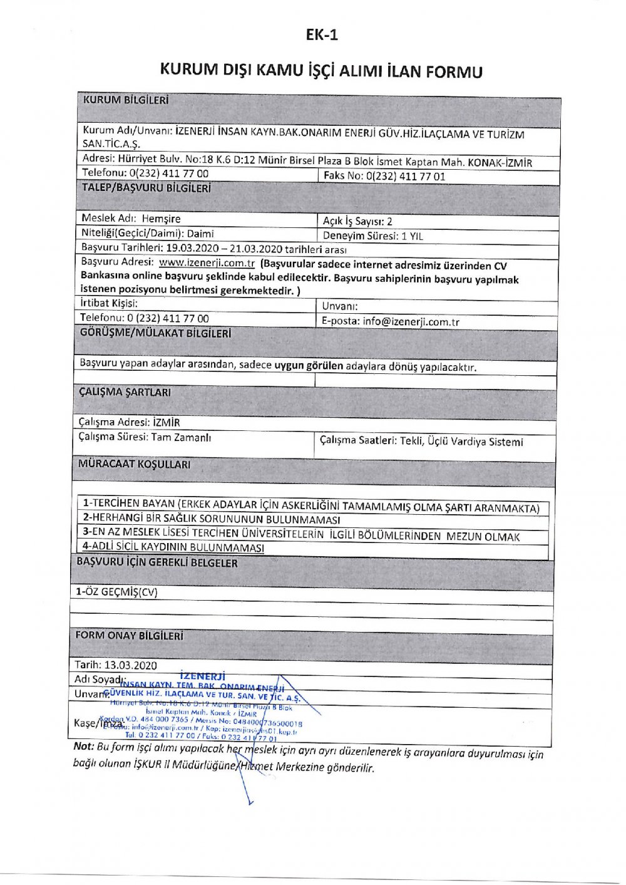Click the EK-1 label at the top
322,35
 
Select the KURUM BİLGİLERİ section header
126,100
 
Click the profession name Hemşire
161,219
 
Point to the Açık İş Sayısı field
357,221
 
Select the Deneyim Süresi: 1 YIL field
373,236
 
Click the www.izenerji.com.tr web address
207,263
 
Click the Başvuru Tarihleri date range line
214,248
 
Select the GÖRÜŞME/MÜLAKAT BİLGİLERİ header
155,333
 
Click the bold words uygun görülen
309,366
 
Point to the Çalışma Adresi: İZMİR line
130,422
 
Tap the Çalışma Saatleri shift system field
421,442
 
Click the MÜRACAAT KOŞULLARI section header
135,465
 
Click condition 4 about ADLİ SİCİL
173,547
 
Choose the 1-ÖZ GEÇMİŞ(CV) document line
117,592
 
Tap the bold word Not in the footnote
83,746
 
